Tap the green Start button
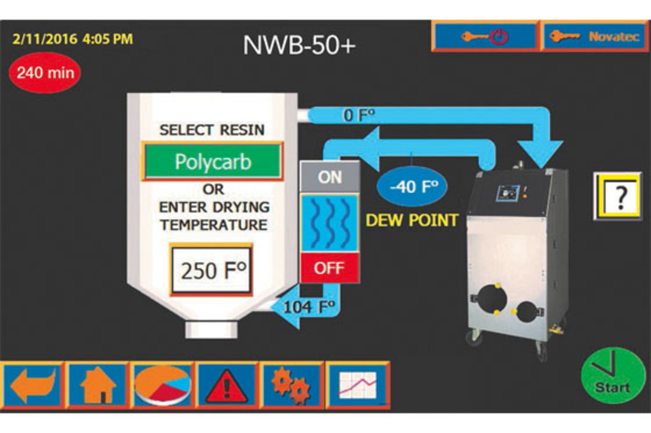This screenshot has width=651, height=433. (613, 376)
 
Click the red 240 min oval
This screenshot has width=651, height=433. (45, 73)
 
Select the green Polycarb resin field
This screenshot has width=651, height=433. (213, 161)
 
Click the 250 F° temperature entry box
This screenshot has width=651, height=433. (212, 270)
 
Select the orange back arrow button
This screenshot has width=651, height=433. (33, 385)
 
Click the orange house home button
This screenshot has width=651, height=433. (98, 385)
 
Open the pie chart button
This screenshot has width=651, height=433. (163, 385)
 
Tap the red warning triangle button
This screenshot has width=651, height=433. (226, 385)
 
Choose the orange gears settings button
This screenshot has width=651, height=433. (291, 385)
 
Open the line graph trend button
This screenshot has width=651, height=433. (357, 385)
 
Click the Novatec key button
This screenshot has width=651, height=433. (594, 36)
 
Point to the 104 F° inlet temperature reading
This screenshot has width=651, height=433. (309, 307)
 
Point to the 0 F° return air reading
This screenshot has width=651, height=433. (359, 115)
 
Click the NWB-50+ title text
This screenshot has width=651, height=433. (299, 45)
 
